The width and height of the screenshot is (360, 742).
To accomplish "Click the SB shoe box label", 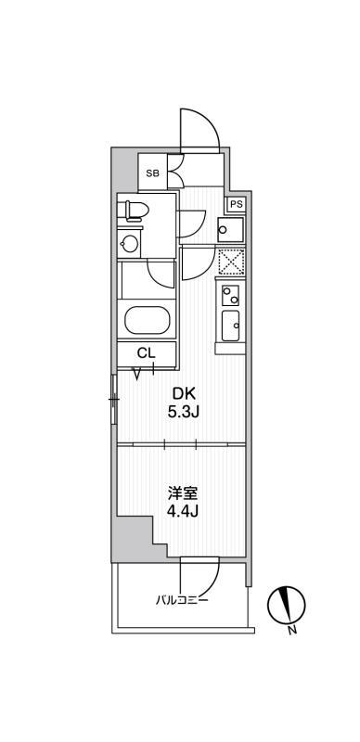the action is [152, 173].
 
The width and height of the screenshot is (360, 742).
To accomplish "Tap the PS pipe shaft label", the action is [237, 204].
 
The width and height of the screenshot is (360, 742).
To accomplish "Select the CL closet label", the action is [146, 353].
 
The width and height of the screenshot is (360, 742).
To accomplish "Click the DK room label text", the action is [183, 393].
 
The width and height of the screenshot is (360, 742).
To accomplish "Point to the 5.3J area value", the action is [183, 412].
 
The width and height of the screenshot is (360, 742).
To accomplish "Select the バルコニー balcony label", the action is [183, 600].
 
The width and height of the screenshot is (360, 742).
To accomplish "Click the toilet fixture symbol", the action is [137, 210].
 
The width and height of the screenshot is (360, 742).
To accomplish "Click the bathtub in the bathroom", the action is [147, 320].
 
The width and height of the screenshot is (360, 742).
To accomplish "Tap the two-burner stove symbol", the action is [231, 295].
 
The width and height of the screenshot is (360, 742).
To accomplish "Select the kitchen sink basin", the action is [231, 326].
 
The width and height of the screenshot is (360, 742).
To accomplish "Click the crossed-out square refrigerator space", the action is [231, 262].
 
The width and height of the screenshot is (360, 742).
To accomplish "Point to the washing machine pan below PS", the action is [231, 229].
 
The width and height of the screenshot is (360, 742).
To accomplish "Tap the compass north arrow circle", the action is [287, 606].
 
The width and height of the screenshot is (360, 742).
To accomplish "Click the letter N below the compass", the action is [293, 630].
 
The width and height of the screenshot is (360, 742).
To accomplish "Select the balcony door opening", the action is [199, 559].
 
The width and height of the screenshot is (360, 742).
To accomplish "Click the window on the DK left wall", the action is [114, 399].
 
